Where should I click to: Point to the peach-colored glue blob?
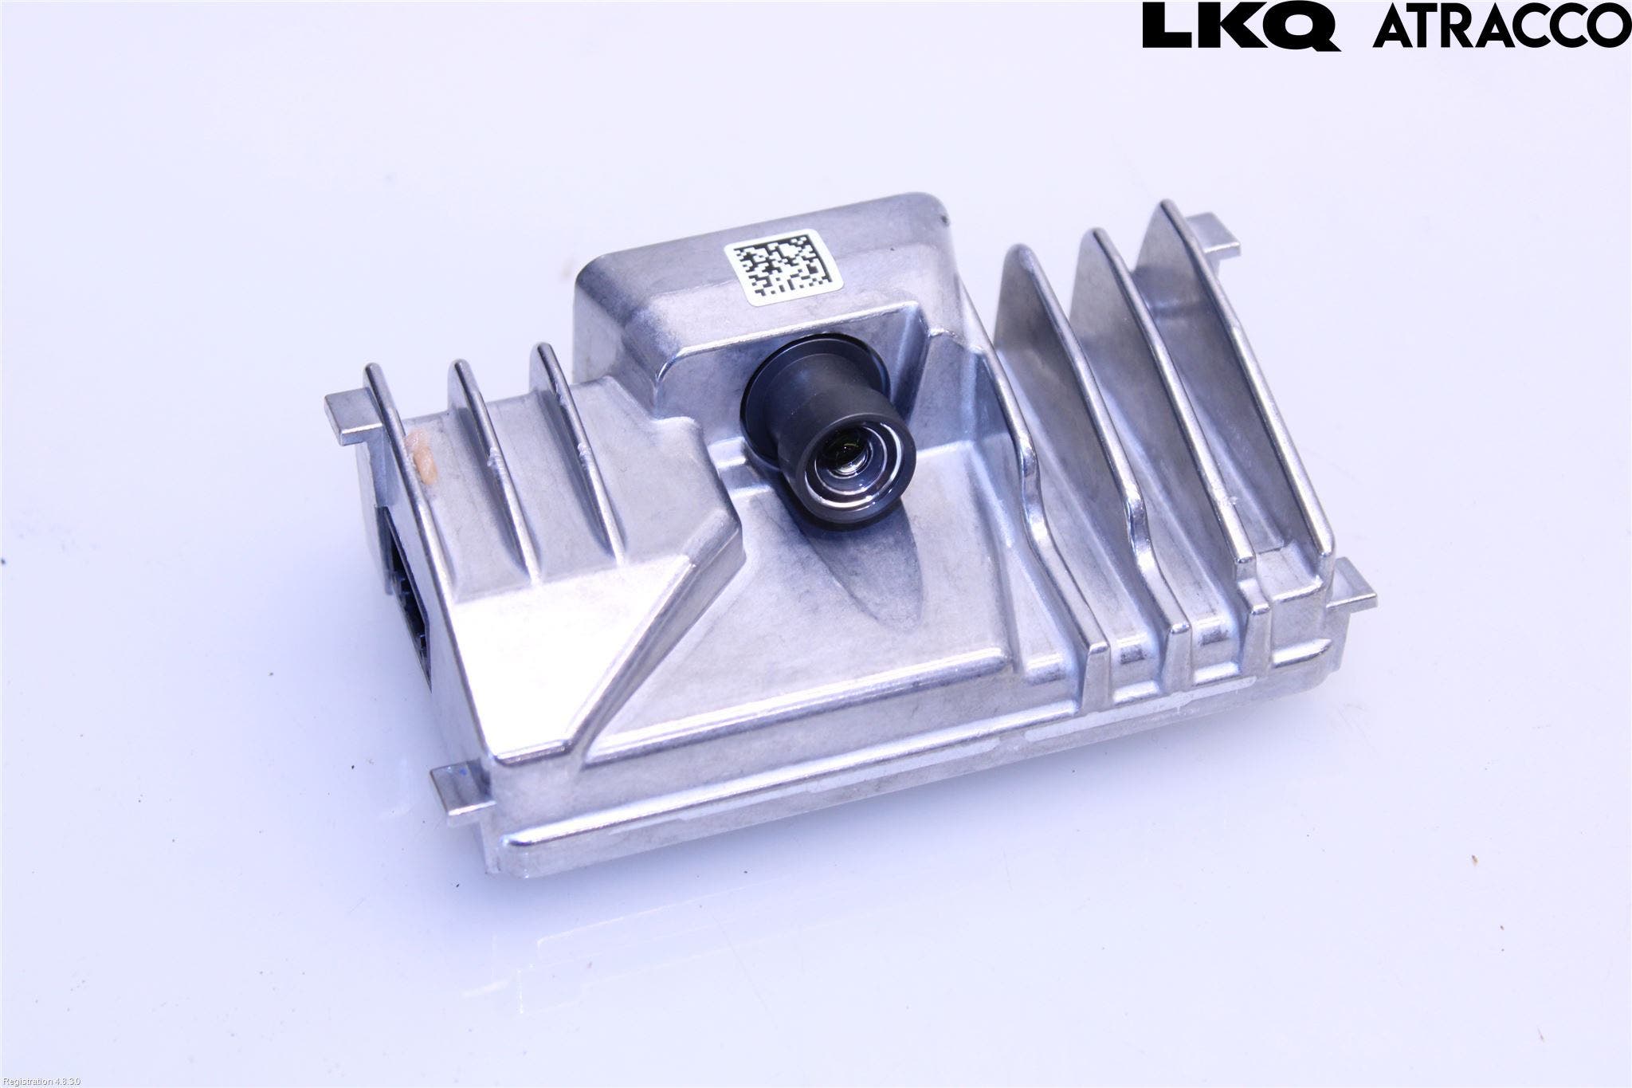click(x=420, y=459)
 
